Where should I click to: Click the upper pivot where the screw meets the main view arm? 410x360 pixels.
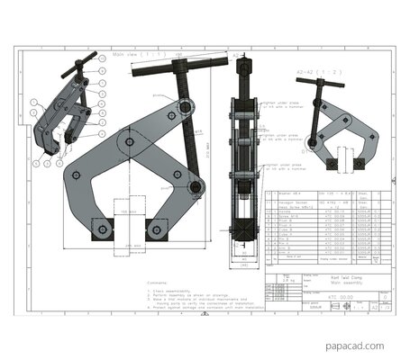coord(184,109)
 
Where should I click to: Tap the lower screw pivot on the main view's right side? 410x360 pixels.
coord(195,187)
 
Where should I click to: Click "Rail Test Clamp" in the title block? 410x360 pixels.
coord(322,281)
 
